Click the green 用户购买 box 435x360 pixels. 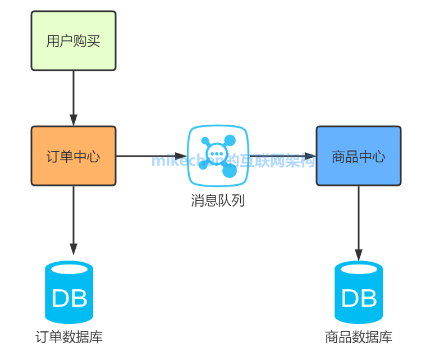[x=73, y=41]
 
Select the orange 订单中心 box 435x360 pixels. [x=73, y=156]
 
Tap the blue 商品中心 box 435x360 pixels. [x=358, y=156]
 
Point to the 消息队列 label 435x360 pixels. [x=218, y=200]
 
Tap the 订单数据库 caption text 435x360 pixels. [x=69, y=337]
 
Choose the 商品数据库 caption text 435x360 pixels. [x=359, y=337]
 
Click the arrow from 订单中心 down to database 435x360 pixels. [x=73, y=219]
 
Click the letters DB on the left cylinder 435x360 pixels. [x=69, y=298]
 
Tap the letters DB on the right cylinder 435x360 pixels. [x=359, y=298]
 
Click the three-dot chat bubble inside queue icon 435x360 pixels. [x=216, y=153]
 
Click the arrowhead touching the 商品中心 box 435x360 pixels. [x=310, y=156]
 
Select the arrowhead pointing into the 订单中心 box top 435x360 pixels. [x=73, y=120]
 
